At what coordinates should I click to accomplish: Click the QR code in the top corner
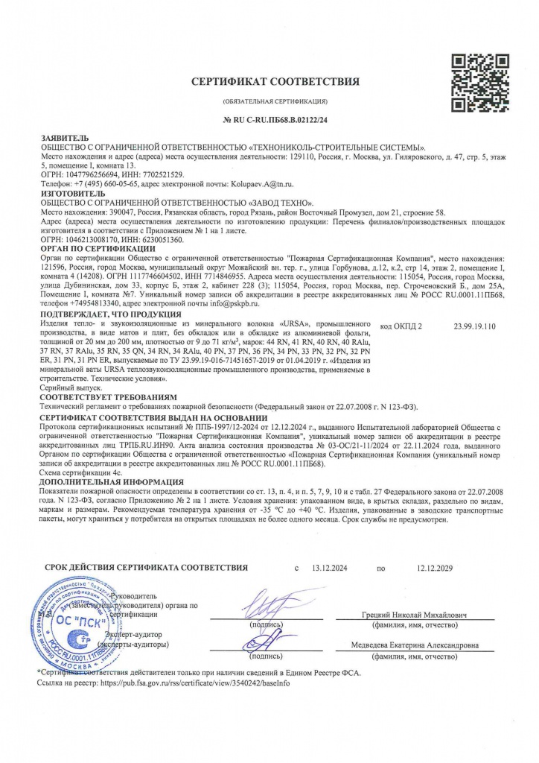(476, 83)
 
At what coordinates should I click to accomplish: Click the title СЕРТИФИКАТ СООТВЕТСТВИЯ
(275, 81)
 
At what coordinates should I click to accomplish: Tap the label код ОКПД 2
(401, 326)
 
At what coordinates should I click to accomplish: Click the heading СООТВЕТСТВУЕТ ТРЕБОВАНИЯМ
(107, 398)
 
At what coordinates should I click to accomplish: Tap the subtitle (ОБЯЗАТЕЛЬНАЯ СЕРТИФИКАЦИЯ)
(275, 101)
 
